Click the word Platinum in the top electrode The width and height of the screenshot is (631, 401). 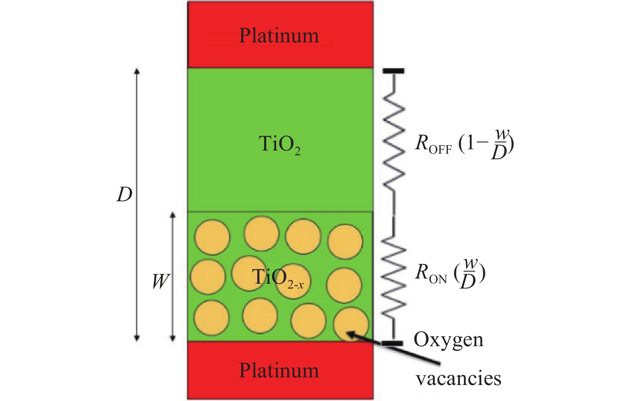pos(279,35)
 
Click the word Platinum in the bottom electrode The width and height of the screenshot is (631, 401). pos(279,370)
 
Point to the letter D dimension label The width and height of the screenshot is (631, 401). pos(124,195)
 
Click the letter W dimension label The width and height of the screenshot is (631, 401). pos(161,281)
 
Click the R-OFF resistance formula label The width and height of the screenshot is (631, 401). pos(464,144)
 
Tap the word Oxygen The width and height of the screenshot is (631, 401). pos(448,340)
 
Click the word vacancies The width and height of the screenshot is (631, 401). pos(458,378)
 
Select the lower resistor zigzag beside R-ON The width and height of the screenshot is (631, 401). pos(394,276)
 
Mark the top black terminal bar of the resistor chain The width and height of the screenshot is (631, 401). pos(393,71)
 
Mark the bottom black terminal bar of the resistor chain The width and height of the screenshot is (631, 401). pos(392,343)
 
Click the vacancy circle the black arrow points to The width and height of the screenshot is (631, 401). pos(351,324)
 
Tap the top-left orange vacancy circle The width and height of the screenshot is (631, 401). pos(212,237)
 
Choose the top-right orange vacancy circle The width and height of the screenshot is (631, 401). pos(345,241)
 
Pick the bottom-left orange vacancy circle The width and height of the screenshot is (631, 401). pos(212,318)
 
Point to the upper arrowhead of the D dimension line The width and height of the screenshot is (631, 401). pos(137,71)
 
